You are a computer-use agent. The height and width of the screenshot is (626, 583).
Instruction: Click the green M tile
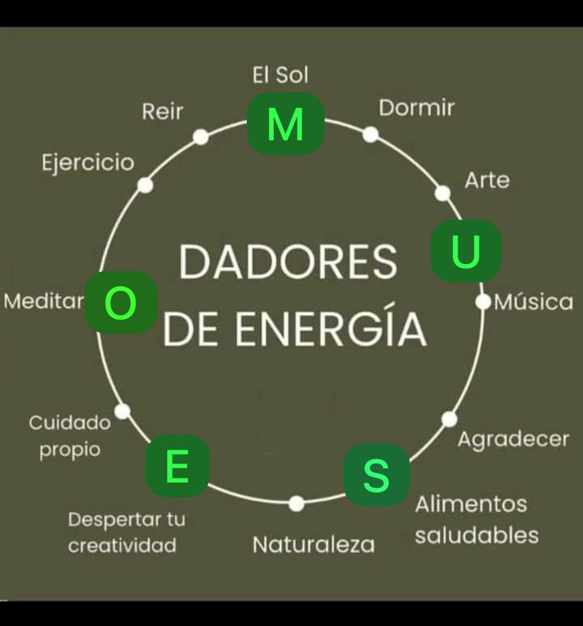pyautogui.click(x=286, y=123)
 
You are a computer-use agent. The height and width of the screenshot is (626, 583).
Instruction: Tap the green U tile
pyautogui.click(x=465, y=251)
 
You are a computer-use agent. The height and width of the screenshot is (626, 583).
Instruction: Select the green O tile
pyautogui.click(x=121, y=303)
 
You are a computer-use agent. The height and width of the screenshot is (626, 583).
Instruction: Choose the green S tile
pyautogui.click(x=376, y=475)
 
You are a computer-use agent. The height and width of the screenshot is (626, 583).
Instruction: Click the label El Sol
pyautogui.click(x=280, y=75)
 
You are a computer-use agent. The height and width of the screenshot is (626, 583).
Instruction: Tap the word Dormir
pyautogui.click(x=417, y=107)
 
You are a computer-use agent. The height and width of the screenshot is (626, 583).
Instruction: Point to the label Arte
pyautogui.click(x=487, y=180)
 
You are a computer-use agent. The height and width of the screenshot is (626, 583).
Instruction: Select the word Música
pyautogui.click(x=533, y=302)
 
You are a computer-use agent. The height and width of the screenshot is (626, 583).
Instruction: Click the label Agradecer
pyautogui.click(x=514, y=439)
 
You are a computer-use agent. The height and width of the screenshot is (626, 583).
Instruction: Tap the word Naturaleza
pyautogui.click(x=313, y=544)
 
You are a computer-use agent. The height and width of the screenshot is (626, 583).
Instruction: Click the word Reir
pyautogui.click(x=163, y=111)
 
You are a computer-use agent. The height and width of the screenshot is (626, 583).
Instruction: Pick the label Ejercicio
pyautogui.click(x=88, y=162)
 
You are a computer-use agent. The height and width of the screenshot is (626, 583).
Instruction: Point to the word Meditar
pyautogui.click(x=44, y=301)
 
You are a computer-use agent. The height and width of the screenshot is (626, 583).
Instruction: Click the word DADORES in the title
pyautogui.click(x=288, y=263)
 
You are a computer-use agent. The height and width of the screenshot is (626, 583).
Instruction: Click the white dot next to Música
pyautogui.click(x=483, y=301)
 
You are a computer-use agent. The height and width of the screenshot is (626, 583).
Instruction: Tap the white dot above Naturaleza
pyautogui.click(x=297, y=503)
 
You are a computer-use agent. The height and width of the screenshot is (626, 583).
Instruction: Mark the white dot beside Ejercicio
pyautogui.click(x=145, y=184)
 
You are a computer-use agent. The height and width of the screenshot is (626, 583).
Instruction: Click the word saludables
pyautogui.click(x=476, y=535)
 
